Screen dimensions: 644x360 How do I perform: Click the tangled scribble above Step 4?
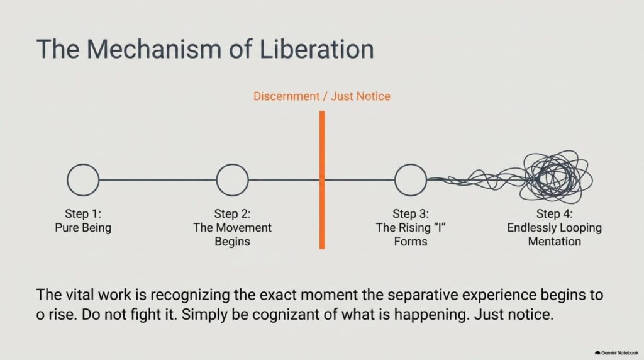(557, 177)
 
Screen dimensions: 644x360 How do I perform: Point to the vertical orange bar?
(322, 179)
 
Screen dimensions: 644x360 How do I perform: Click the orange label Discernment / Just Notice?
(321, 96)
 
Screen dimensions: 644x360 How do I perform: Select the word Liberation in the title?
(317, 49)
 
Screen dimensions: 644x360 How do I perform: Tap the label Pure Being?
(83, 228)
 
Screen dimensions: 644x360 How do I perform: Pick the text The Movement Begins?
(233, 234)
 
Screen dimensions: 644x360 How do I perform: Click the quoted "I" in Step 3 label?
(439, 227)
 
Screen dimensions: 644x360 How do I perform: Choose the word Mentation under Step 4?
(555, 241)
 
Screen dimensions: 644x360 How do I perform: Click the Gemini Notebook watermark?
(616, 352)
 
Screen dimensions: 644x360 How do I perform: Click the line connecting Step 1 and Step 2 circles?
(158, 179)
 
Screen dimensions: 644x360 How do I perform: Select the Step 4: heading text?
(555, 214)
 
